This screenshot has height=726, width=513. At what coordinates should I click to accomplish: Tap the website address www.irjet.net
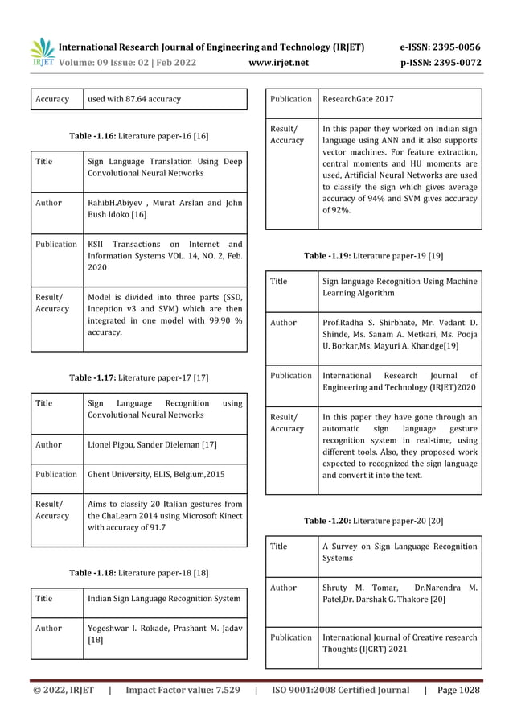tap(279, 62)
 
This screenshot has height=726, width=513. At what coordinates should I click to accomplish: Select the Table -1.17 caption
tap(138, 377)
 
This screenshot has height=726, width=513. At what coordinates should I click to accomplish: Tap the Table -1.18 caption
tap(138, 572)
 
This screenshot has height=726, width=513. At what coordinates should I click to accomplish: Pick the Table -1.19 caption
tap(373, 255)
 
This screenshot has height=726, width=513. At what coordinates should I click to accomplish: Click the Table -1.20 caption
tap(373, 521)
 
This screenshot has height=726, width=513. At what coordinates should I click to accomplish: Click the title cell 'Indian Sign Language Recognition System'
tap(164, 599)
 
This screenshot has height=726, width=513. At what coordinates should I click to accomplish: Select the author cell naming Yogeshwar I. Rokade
tap(164, 634)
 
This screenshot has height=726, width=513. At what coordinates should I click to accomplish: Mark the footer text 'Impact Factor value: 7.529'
tap(183, 690)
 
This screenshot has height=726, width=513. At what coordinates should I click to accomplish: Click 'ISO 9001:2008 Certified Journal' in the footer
tap(340, 690)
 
